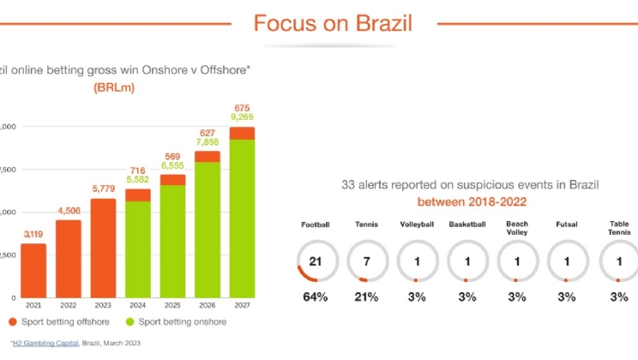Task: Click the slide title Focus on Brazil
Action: click(x=332, y=22)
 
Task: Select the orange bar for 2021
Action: click(x=33, y=270)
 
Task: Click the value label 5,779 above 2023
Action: click(x=104, y=190)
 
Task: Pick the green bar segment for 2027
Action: click(x=242, y=218)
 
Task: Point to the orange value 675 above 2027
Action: click(x=242, y=107)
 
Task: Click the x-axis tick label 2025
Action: click(x=172, y=306)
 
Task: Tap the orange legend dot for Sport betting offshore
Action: click(x=13, y=322)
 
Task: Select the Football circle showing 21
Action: click(x=315, y=261)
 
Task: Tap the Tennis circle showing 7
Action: click(x=365, y=261)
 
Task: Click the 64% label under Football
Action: click(x=315, y=297)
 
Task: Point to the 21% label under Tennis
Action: click(x=365, y=297)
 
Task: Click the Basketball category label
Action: click(x=466, y=225)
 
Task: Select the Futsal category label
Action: click(x=566, y=225)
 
